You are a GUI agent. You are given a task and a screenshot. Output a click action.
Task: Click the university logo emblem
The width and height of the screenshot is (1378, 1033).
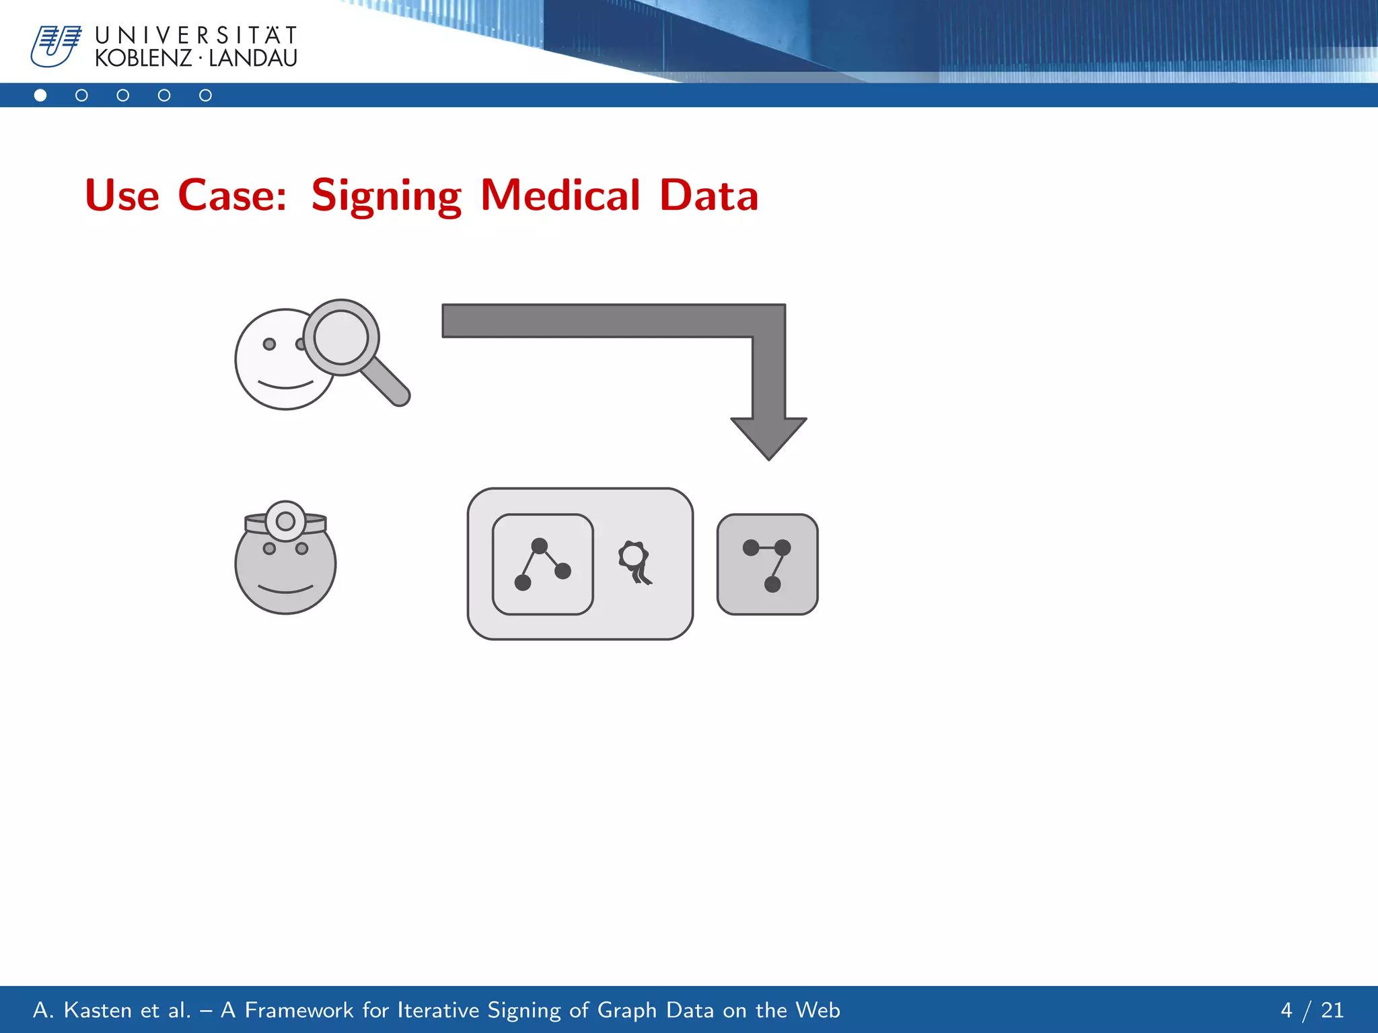point(56,46)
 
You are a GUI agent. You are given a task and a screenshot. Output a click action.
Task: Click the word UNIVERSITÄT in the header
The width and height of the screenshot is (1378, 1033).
point(196,35)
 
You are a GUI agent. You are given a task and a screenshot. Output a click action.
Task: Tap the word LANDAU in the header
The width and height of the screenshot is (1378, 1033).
point(253,59)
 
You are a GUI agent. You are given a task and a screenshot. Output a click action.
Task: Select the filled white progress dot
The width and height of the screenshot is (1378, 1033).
point(40,95)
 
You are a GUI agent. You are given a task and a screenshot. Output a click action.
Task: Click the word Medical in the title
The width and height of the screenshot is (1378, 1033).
point(560,196)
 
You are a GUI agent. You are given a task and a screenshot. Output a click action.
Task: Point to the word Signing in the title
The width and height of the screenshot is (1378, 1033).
point(386,196)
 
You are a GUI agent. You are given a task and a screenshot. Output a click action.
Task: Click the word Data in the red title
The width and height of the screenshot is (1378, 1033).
point(709,196)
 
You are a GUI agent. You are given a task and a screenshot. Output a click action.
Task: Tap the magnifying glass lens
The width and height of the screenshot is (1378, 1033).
point(341,337)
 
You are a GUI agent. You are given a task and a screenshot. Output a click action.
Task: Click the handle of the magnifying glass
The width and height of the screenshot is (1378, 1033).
point(386,381)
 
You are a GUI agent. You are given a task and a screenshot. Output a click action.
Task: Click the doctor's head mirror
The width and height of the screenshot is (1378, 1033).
point(285,521)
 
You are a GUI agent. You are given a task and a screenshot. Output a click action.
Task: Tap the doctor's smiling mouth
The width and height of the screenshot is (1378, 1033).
point(285,590)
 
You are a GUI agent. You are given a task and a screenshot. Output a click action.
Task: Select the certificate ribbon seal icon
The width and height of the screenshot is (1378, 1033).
point(634,561)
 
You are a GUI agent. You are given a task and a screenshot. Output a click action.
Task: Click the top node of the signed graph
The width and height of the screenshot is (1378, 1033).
point(540,545)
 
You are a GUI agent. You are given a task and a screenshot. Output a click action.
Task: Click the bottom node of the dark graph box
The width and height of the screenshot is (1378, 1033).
point(772,584)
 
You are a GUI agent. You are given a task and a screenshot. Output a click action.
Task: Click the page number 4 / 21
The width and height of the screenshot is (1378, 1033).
point(1311,1010)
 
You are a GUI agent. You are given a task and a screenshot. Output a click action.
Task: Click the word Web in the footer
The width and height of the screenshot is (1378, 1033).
point(818,1010)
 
